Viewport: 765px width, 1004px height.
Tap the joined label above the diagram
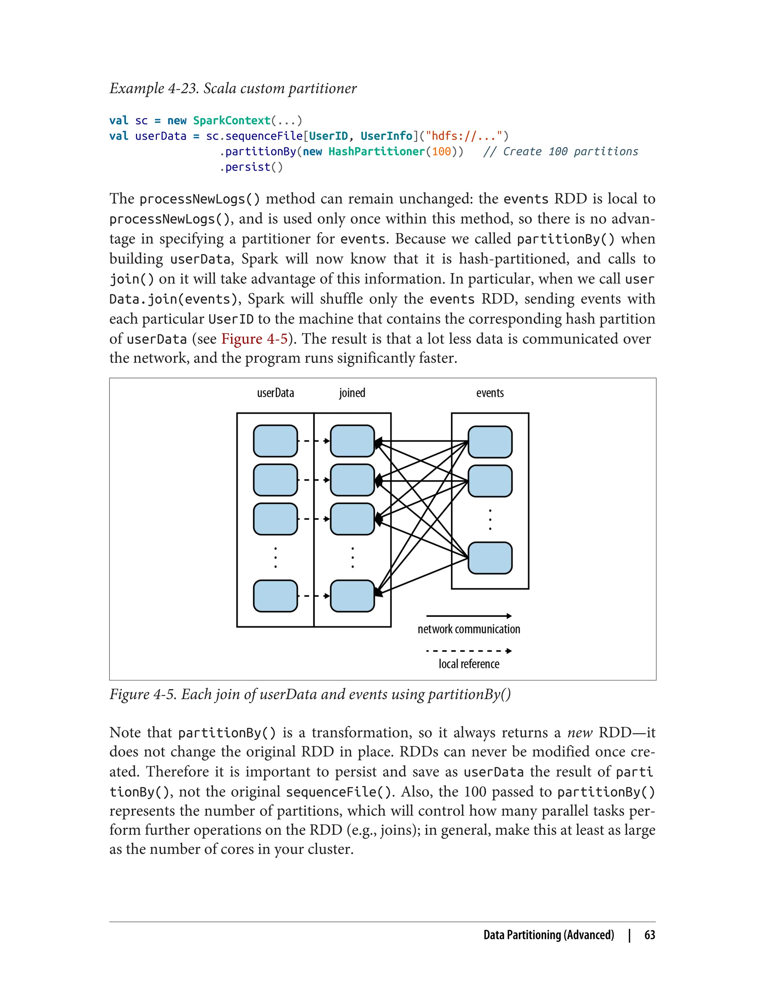(x=352, y=393)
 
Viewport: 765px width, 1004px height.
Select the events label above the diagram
(x=490, y=393)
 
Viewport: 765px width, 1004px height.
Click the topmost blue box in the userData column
(x=275, y=441)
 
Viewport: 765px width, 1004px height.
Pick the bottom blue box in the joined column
(x=352, y=596)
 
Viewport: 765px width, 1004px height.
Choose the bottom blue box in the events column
(x=490, y=558)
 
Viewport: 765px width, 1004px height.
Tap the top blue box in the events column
(x=490, y=441)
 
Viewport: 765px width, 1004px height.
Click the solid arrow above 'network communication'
(x=469, y=616)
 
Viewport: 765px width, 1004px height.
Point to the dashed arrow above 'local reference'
(x=469, y=651)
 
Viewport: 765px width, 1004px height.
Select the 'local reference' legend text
(x=469, y=664)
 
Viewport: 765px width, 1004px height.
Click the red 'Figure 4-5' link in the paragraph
(x=254, y=339)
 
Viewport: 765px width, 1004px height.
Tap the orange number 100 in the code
(x=441, y=152)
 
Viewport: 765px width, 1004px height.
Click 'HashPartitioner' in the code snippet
(x=377, y=152)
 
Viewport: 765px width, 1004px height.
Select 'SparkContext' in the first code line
(x=232, y=121)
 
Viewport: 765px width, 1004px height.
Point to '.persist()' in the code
(x=251, y=167)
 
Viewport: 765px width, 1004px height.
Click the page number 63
(x=650, y=935)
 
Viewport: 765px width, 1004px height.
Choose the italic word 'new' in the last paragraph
(x=579, y=732)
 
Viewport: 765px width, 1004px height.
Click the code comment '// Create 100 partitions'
(x=561, y=152)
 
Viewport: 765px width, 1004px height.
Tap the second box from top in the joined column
(x=352, y=480)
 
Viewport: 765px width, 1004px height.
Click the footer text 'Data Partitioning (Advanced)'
(x=549, y=935)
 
